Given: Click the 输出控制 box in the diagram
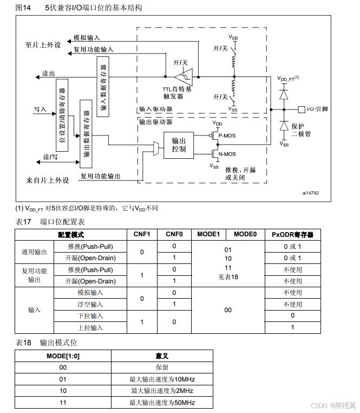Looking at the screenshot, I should (179, 144).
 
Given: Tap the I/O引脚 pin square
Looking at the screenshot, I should (302, 109).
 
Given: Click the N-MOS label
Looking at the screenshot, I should (227, 154).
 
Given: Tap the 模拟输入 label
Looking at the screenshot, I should (87, 38).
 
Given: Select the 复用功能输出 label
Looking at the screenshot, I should (101, 176).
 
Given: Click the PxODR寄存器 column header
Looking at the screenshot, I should (292, 234).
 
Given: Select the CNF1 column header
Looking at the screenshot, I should (141, 234).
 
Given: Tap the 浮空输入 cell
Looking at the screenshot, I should (90, 304).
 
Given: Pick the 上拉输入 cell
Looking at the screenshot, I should (90, 327).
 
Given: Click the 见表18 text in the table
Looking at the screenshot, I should (227, 276).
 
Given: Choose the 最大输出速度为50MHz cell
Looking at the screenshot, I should (162, 403).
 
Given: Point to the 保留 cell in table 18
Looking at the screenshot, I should (162, 367).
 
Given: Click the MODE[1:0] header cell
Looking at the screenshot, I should (63, 356).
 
